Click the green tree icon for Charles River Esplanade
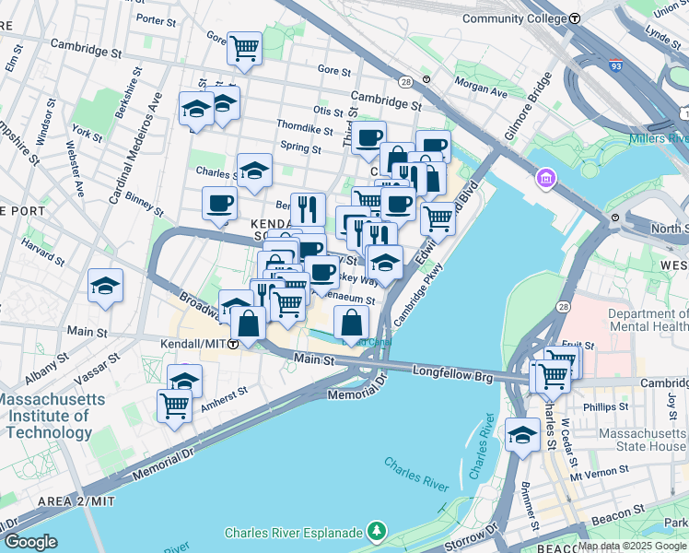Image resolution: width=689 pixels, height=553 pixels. (x=376, y=532)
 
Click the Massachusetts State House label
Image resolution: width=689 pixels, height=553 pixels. (x=637, y=440)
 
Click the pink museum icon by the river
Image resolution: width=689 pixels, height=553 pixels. (x=545, y=176)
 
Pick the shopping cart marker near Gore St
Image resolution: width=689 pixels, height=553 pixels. (x=244, y=47)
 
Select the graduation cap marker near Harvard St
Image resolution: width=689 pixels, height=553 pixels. (x=106, y=285)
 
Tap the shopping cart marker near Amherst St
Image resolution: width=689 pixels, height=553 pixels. (x=174, y=406)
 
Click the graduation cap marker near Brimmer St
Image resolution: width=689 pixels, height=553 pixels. (x=522, y=436)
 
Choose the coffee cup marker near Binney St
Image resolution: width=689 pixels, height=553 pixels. (x=219, y=204)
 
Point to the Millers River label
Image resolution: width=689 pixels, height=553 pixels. (x=659, y=139)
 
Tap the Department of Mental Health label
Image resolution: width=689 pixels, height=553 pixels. (x=648, y=320)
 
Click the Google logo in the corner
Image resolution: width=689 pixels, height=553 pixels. (x=30, y=541)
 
